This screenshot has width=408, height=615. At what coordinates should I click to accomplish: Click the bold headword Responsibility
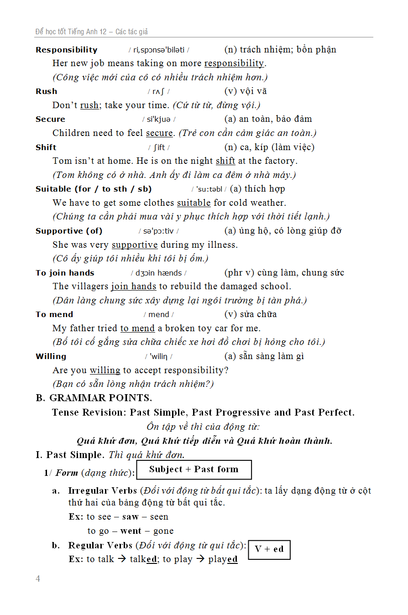[67, 50]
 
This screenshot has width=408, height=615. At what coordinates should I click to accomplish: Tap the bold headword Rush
[47, 91]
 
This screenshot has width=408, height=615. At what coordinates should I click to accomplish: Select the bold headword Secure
[50, 119]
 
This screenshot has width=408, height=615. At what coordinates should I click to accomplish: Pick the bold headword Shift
[46, 147]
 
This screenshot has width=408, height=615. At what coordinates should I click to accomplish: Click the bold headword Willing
[51, 356]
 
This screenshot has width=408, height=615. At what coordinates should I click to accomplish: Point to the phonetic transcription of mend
[159, 314]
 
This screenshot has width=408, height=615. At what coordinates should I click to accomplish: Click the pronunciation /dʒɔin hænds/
[159, 273]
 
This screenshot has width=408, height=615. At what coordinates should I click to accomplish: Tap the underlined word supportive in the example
[135, 245]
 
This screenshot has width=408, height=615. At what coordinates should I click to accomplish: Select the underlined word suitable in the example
[194, 203]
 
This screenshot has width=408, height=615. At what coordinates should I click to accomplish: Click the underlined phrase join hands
[134, 287]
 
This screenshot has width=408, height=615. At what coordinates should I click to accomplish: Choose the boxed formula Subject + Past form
[194, 469]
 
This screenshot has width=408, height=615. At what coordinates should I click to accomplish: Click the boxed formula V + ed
[269, 549]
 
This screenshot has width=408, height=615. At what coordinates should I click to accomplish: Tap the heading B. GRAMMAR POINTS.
[94, 398]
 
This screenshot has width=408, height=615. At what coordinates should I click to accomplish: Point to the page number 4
[38, 579]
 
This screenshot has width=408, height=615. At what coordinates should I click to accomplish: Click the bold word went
[131, 531]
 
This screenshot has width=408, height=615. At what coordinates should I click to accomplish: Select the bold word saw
[131, 517]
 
